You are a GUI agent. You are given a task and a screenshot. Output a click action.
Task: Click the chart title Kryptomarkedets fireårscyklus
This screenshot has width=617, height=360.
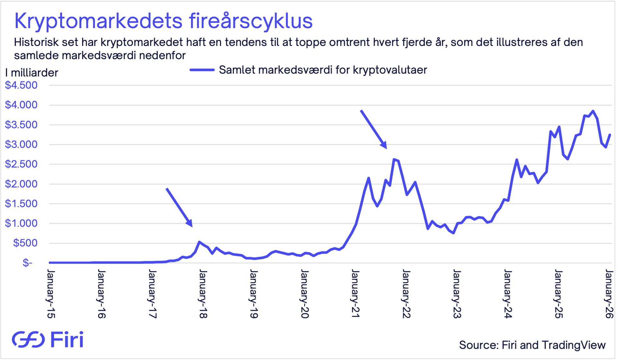[163, 21]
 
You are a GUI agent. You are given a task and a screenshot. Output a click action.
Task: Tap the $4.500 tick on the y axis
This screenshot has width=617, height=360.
[21, 85]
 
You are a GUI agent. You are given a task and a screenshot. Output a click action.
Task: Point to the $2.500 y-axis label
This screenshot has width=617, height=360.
[21, 164]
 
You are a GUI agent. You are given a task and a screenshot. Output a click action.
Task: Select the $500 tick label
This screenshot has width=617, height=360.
[25, 243]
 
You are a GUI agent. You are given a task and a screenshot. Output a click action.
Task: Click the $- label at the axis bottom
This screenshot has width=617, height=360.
[27, 263]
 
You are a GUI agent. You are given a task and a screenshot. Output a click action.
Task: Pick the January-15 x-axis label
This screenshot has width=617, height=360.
[51, 294]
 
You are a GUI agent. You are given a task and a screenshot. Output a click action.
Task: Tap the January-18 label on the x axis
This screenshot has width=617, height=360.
[203, 294]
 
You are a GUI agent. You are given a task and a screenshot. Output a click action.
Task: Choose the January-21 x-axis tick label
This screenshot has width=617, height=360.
[355, 294]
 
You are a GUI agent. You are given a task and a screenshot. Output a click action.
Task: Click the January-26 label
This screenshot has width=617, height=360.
[609, 294]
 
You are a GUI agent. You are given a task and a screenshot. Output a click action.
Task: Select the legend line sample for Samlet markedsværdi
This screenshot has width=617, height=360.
[202, 70]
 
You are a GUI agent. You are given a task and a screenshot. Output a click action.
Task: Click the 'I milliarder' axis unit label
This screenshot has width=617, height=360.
[31, 73]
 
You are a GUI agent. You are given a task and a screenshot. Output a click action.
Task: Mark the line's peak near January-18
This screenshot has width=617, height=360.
[199, 242]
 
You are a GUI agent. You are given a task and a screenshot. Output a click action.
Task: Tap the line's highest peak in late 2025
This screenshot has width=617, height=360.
[593, 111]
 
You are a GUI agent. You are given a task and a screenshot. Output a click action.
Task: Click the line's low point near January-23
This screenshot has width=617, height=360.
[453, 233]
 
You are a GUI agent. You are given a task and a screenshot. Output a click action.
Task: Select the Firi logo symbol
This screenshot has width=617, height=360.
[28, 339]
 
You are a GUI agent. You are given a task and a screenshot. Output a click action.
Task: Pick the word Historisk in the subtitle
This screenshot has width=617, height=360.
[36, 42]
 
